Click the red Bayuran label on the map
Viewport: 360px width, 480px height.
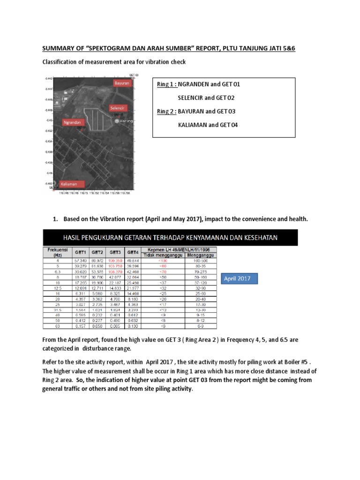click(121, 83)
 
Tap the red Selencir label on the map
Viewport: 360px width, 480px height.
click(117, 108)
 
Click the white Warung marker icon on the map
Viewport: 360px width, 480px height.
click(118, 121)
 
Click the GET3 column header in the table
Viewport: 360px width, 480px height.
click(115, 251)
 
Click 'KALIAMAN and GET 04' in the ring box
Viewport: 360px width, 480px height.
click(205, 125)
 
